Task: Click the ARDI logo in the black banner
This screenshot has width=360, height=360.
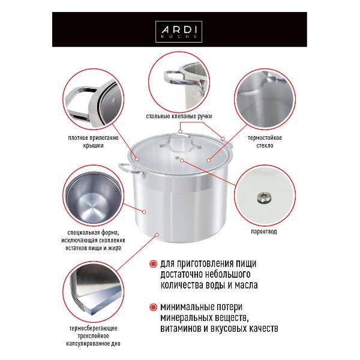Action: (x=179, y=32)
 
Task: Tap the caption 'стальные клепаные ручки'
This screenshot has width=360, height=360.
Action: (x=179, y=116)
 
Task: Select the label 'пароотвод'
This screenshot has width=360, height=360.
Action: (x=264, y=232)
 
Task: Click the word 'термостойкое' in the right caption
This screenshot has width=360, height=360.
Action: (x=265, y=138)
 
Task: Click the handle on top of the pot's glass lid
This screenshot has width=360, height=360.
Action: (x=181, y=142)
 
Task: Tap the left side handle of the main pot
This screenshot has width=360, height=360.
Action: (x=131, y=170)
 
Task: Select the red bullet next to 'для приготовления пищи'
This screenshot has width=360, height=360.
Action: (x=153, y=264)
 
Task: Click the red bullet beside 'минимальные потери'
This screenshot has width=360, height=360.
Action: (x=153, y=307)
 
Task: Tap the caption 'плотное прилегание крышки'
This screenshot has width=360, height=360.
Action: (x=93, y=142)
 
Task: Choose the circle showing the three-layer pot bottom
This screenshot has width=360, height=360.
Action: (x=93, y=292)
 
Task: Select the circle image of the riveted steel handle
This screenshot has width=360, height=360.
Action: (x=179, y=82)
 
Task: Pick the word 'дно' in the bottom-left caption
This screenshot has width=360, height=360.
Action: (x=116, y=344)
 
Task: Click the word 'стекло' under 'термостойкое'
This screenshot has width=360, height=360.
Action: (x=265, y=146)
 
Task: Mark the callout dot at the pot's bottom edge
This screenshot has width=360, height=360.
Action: (x=157, y=235)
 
